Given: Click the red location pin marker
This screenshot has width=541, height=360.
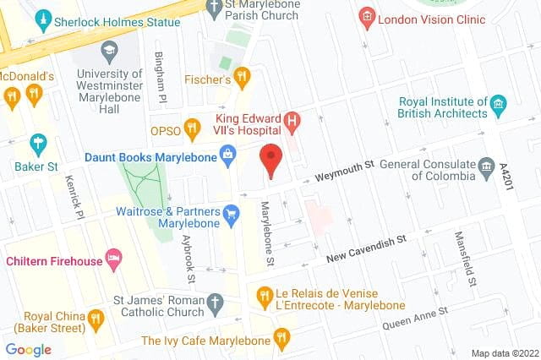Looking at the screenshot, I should [x=270, y=160].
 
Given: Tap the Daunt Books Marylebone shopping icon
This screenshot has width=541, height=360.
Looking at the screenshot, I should [x=227, y=154].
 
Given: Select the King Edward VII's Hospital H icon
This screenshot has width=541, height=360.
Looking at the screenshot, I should [x=292, y=122].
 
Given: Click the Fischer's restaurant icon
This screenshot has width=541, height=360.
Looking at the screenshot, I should [x=243, y=79].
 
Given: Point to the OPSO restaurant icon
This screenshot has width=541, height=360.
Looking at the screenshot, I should [x=192, y=129].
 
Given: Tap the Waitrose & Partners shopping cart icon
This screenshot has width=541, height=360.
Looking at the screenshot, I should [x=232, y=214].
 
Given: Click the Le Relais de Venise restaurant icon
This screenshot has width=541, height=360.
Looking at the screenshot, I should [x=264, y=296].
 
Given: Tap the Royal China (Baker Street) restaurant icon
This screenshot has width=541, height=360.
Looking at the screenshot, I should [x=96, y=318].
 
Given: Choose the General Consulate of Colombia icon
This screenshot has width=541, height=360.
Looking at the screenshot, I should [x=486, y=166].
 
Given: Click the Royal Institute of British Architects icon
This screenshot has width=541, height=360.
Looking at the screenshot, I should [x=499, y=106].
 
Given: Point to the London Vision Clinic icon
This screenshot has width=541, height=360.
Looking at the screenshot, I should [x=367, y=16].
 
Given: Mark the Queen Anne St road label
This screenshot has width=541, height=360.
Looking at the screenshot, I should [x=414, y=318].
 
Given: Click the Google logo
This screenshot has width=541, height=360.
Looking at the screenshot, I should [x=29, y=349].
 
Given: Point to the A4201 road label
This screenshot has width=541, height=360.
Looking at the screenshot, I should [x=506, y=177].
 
